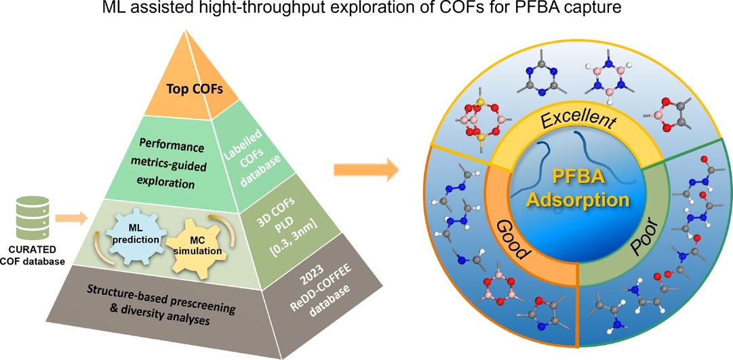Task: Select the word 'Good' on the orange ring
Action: [x=512, y=239]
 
